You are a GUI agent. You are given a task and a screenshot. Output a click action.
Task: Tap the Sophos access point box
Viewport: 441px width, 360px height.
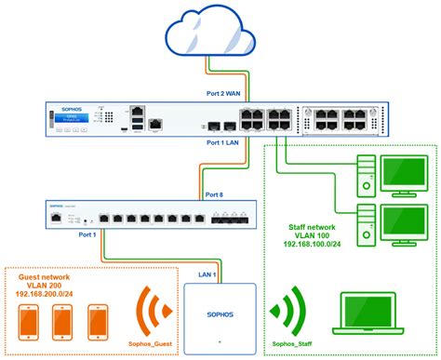(x=220, y=315)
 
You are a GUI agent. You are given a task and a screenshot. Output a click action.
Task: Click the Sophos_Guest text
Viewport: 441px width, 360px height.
(x=152, y=343)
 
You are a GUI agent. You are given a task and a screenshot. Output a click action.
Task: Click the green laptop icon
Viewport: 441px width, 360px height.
(x=371, y=317)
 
